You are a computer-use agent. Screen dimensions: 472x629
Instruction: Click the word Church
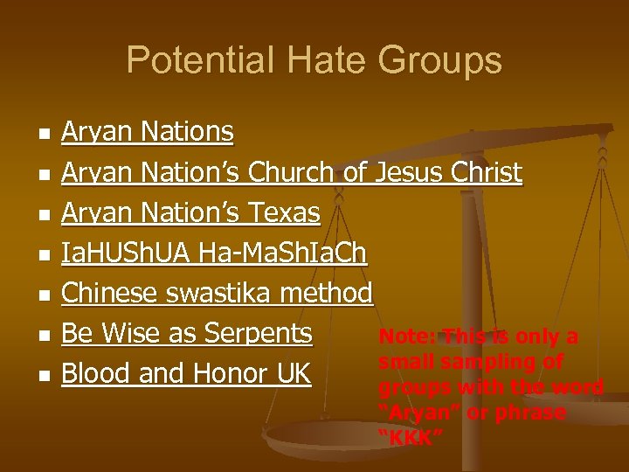tap(292, 172)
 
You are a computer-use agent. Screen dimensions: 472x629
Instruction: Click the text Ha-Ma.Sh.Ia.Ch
tap(283, 253)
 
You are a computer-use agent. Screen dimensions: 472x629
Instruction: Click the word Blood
tap(94, 372)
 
